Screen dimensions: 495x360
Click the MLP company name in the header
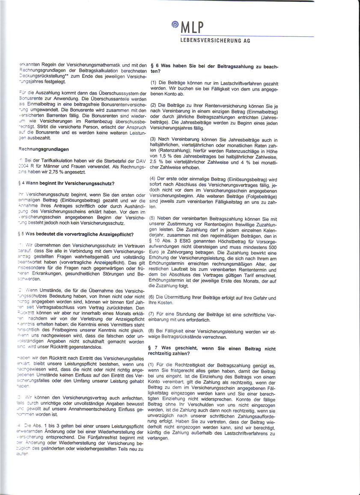tap(192, 28)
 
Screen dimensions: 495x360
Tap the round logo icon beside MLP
tap(175, 25)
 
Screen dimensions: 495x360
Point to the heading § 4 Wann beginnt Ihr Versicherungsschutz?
tap(66, 184)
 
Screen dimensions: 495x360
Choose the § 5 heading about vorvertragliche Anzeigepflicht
tap(77, 234)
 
